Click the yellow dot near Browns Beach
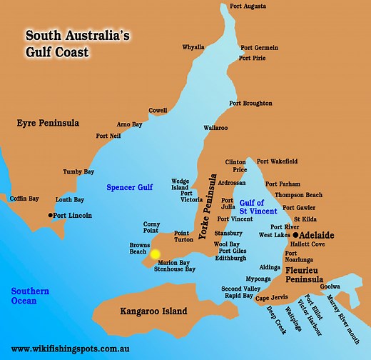155,253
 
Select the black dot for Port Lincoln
50,215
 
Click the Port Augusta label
248,6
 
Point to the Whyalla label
193,47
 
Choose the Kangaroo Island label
153,311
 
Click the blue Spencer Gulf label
129,187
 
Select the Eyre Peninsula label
48,124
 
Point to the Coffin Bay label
24,199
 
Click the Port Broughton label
250,104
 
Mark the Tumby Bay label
78,172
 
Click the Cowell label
158,110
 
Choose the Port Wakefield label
278,161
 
